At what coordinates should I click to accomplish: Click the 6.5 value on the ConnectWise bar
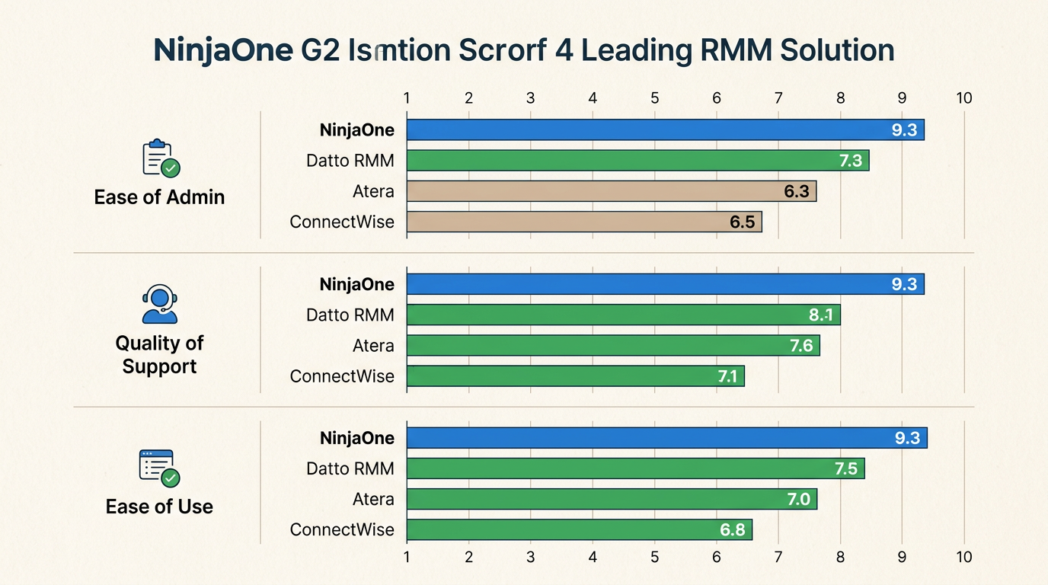tap(741, 222)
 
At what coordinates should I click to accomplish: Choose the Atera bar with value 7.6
tap(613, 346)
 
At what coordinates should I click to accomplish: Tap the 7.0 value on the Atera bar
tap(798, 500)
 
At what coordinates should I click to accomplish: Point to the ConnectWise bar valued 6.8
tap(579, 530)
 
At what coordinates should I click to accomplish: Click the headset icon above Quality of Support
tap(159, 305)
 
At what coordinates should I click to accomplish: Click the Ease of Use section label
tap(159, 507)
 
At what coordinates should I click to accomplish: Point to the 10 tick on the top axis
tap(963, 98)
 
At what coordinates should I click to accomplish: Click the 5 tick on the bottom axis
tap(654, 557)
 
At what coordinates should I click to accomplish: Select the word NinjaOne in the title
tap(222, 50)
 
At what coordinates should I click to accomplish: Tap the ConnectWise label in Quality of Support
tap(342, 376)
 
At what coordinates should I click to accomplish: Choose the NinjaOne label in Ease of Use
tap(356, 438)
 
